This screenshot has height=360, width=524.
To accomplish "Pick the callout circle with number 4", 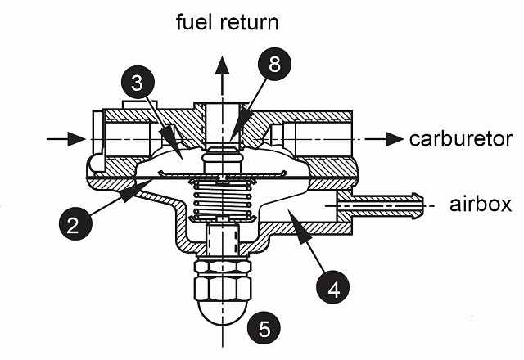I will click(x=332, y=288).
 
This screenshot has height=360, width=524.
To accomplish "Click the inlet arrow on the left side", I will click(x=65, y=139).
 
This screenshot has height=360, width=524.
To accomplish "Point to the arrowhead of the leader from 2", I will click(x=127, y=196).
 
